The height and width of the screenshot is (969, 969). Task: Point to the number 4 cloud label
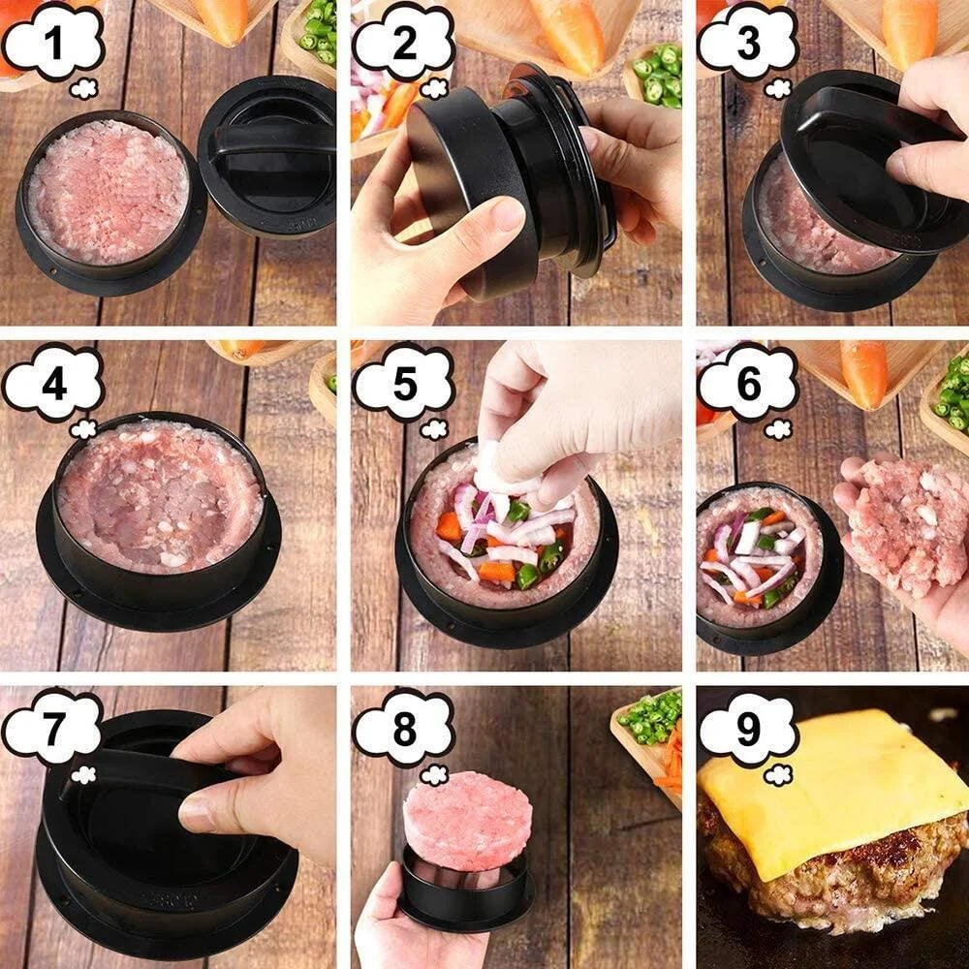pyautogui.click(x=54, y=385)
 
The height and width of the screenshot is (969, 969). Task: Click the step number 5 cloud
pyautogui.click(x=403, y=385)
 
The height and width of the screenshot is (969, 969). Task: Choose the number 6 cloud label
pyautogui.click(x=747, y=385)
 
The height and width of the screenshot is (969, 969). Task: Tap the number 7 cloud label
pyautogui.click(x=54, y=728)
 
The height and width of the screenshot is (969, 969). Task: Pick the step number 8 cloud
pyautogui.click(x=403, y=728)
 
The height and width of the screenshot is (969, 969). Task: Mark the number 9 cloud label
pyautogui.click(x=747, y=728)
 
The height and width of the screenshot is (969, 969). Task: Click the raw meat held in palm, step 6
pyautogui.click(x=906, y=523)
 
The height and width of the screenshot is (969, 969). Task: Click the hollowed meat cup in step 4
pyautogui.click(x=160, y=494)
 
